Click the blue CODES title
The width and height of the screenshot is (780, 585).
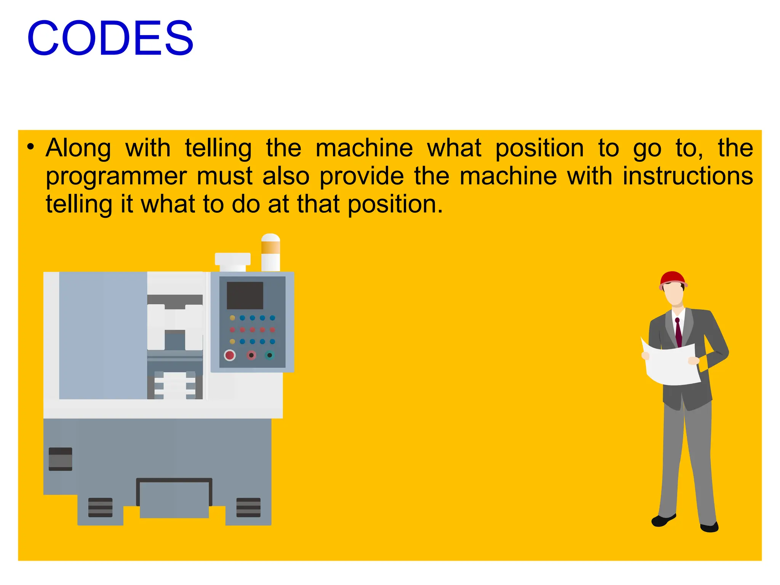tap(110, 38)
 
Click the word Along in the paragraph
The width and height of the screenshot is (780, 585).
tap(78, 148)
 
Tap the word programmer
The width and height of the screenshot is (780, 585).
tap(116, 177)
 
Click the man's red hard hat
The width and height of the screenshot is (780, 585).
tap(672, 278)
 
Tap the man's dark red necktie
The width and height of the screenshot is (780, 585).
tap(678, 332)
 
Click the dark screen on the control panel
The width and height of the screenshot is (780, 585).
tap(245, 295)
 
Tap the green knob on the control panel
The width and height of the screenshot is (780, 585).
tap(270, 355)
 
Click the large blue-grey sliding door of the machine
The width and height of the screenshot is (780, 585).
tap(103, 335)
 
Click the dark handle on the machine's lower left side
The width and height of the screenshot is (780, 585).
tap(60, 459)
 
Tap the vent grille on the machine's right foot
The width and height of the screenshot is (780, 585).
tap(248, 507)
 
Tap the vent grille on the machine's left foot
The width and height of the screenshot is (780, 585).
tap(100, 507)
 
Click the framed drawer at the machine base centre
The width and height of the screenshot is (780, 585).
tap(174, 498)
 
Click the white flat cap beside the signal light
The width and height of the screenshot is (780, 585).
tap(233, 259)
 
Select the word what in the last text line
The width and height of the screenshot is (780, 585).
tap(168, 205)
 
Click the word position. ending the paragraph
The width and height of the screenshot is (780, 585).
tap(395, 205)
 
